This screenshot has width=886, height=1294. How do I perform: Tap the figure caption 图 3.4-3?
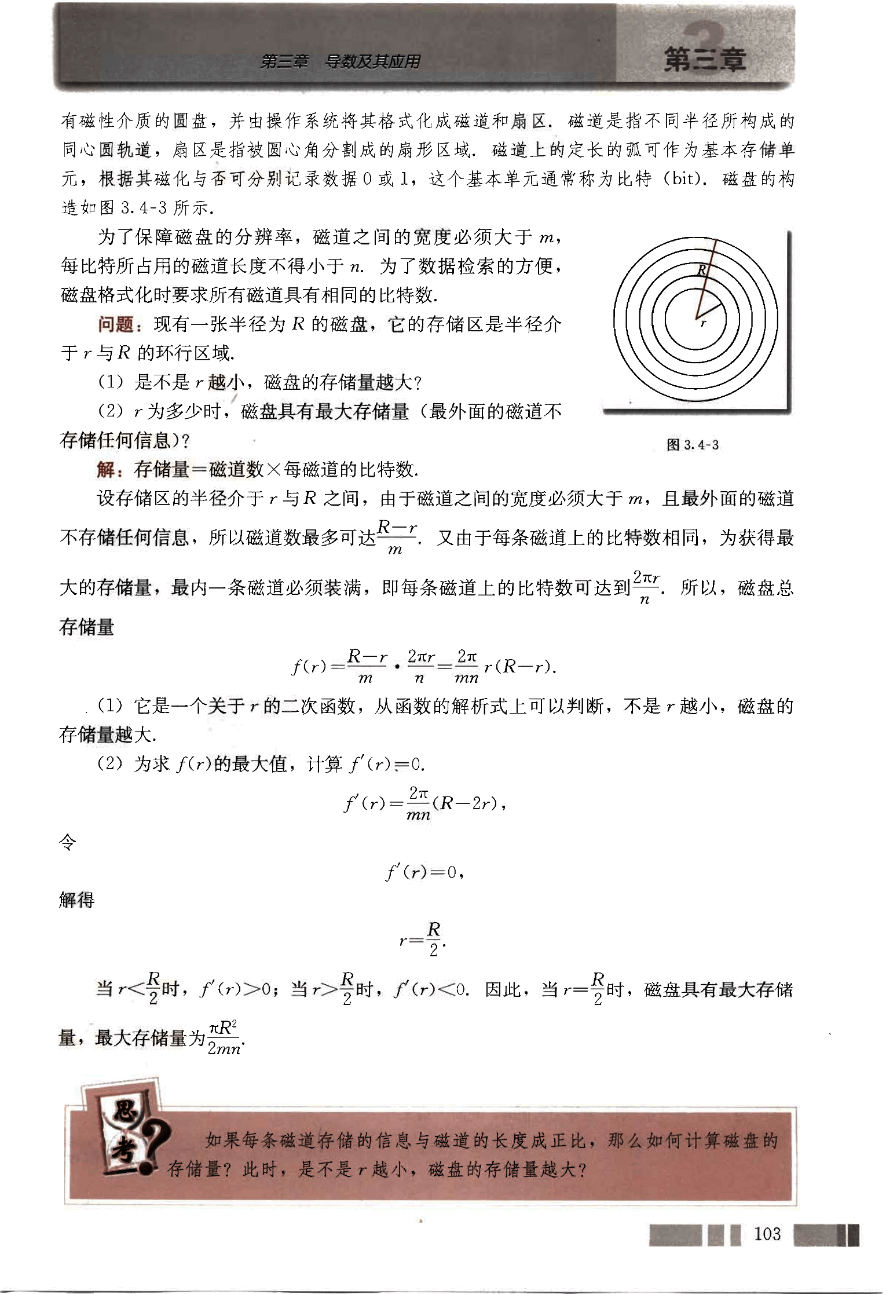(x=693, y=445)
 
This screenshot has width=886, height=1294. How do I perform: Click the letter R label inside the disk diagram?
(x=702, y=270)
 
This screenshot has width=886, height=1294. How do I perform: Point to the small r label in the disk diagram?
(x=703, y=324)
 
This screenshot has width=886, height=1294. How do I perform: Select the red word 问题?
(x=116, y=324)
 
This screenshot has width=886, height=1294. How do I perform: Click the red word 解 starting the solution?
(x=105, y=469)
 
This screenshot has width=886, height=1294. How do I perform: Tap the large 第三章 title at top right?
(x=705, y=60)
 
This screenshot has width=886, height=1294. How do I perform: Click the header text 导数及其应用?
(x=372, y=61)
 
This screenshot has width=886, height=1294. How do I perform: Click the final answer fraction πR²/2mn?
(x=225, y=1037)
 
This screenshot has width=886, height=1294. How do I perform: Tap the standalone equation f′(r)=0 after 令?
(x=424, y=872)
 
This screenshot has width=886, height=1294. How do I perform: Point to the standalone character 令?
(x=68, y=842)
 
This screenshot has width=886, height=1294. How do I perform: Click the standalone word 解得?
(x=77, y=900)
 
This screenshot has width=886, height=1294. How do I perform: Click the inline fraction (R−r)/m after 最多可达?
(x=397, y=538)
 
